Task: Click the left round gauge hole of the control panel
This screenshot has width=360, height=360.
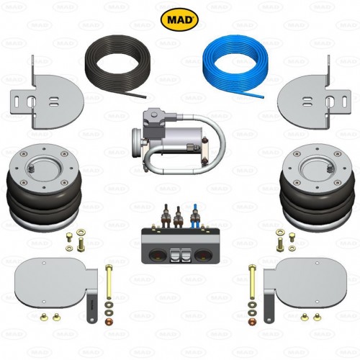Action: (x=155, y=253)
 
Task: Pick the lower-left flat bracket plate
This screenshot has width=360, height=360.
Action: (x=54, y=277)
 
